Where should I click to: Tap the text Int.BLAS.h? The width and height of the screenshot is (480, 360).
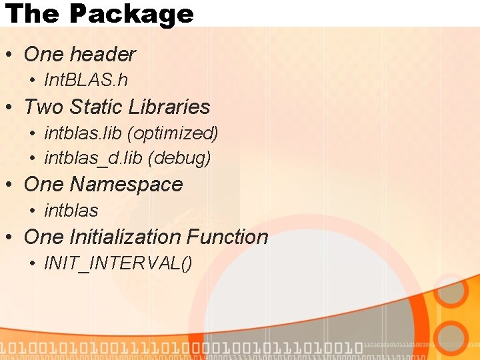tap(85, 81)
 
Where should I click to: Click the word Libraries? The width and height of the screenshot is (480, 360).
tap(170, 107)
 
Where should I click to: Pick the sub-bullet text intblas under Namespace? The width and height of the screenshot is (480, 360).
tap(71, 211)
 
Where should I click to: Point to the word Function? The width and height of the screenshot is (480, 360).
tap(227, 237)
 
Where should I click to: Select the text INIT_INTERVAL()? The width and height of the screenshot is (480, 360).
tap(118, 263)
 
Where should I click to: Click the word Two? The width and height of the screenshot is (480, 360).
tap(44, 107)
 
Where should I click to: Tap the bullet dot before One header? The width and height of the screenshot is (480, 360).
tap(10, 55)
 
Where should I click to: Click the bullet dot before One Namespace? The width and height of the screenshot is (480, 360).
tap(10, 185)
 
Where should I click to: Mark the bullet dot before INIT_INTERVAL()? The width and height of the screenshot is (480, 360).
tap(33, 264)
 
